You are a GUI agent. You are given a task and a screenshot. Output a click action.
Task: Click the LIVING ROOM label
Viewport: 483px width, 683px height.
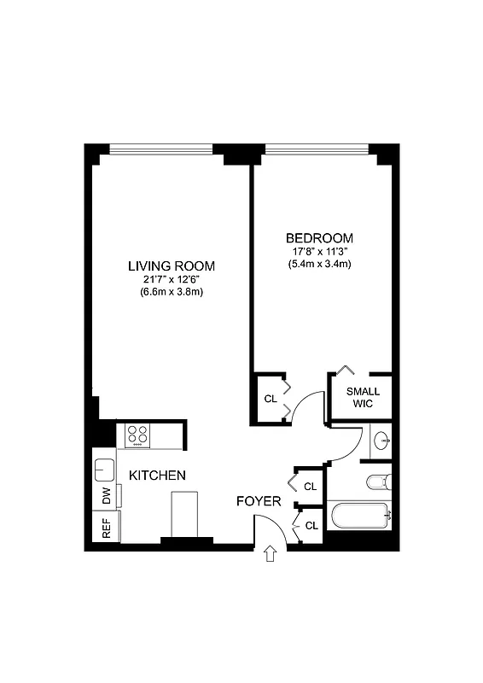pyautogui.click(x=172, y=266)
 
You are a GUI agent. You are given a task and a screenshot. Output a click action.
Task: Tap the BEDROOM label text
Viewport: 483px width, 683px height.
pyautogui.click(x=319, y=237)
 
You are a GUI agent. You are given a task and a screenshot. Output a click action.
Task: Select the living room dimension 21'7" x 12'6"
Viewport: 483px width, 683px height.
pyautogui.click(x=172, y=279)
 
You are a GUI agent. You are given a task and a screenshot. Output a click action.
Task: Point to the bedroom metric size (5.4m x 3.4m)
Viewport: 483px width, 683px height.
pyautogui.click(x=319, y=264)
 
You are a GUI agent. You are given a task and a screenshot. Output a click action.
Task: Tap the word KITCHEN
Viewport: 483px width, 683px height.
pyautogui.click(x=157, y=475)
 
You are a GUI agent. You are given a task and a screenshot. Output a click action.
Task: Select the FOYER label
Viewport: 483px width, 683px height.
pyautogui.click(x=258, y=501)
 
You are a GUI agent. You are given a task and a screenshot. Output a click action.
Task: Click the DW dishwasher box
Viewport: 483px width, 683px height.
pyautogui.click(x=106, y=495)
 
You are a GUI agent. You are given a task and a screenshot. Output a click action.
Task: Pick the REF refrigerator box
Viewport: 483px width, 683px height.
pyautogui.click(x=106, y=526)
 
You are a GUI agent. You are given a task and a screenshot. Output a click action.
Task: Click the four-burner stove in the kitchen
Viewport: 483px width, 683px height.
pyautogui.click(x=138, y=435)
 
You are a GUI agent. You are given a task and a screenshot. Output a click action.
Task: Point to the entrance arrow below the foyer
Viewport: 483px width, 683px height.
pyautogui.click(x=271, y=555)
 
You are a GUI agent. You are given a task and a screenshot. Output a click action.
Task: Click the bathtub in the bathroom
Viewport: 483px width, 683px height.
pyautogui.click(x=360, y=516)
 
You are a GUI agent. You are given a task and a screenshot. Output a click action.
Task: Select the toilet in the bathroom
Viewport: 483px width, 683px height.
pyautogui.click(x=378, y=482)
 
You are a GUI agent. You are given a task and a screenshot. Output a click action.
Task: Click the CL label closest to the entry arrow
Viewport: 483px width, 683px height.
pyautogui.click(x=311, y=525)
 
